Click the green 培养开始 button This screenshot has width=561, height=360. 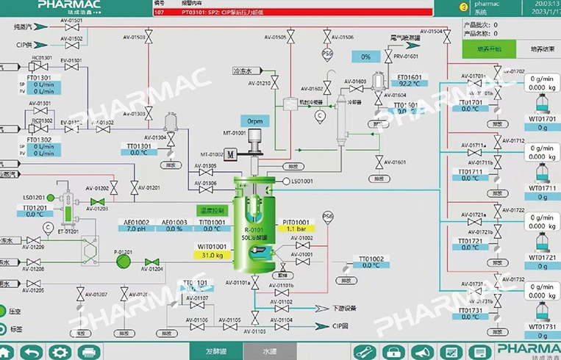(484, 49)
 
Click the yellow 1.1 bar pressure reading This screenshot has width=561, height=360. (296, 229)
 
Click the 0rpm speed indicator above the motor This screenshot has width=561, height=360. (255, 120)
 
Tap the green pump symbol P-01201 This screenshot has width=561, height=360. (120, 261)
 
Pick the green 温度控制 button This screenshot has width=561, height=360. (212, 211)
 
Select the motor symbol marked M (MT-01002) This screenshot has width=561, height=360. (230, 154)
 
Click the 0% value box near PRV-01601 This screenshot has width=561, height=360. (365, 57)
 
